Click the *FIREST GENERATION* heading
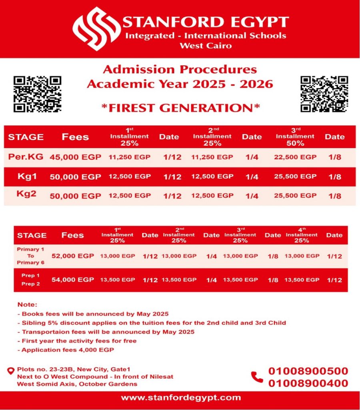pyautogui.click(x=180, y=108)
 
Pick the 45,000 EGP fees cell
pyautogui.click(x=75, y=157)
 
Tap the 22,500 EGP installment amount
pyautogui.click(x=295, y=157)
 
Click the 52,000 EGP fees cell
pyautogui.click(x=73, y=256)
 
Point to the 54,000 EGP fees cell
pyautogui.click(x=73, y=279)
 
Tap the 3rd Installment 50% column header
pyautogui.click(x=295, y=137)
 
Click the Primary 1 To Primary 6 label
pyautogui.click(x=31, y=256)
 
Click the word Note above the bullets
pyautogui.click(x=27, y=305)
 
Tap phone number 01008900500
pyautogui.click(x=308, y=371)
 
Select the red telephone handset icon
pyautogui.click(x=257, y=377)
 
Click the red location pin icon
pyautogui.click(x=11, y=371)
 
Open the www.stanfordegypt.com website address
pyautogui.click(x=181, y=398)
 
